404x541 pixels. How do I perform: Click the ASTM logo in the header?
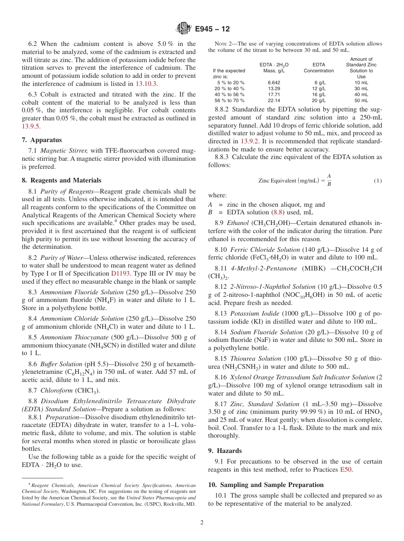(x=184, y=29)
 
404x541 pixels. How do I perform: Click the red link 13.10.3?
(x=146, y=84)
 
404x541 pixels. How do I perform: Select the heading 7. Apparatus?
(x=42, y=140)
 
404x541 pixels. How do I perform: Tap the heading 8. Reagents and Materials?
(x=61, y=180)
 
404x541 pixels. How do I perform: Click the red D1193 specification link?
(x=121, y=273)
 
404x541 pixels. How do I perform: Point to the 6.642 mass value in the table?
(x=274, y=83)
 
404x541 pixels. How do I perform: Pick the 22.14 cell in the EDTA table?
(x=274, y=100)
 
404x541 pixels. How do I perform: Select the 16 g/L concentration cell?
(x=319, y=94)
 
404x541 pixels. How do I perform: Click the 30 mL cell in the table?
(x=361, y=88)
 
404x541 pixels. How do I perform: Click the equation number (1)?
(x=378, y=180)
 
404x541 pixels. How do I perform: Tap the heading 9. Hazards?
(x=225, y=451)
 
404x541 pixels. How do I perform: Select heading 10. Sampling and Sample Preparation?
(x=266, y=485)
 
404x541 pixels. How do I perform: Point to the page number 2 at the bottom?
(x=202, y=523)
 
